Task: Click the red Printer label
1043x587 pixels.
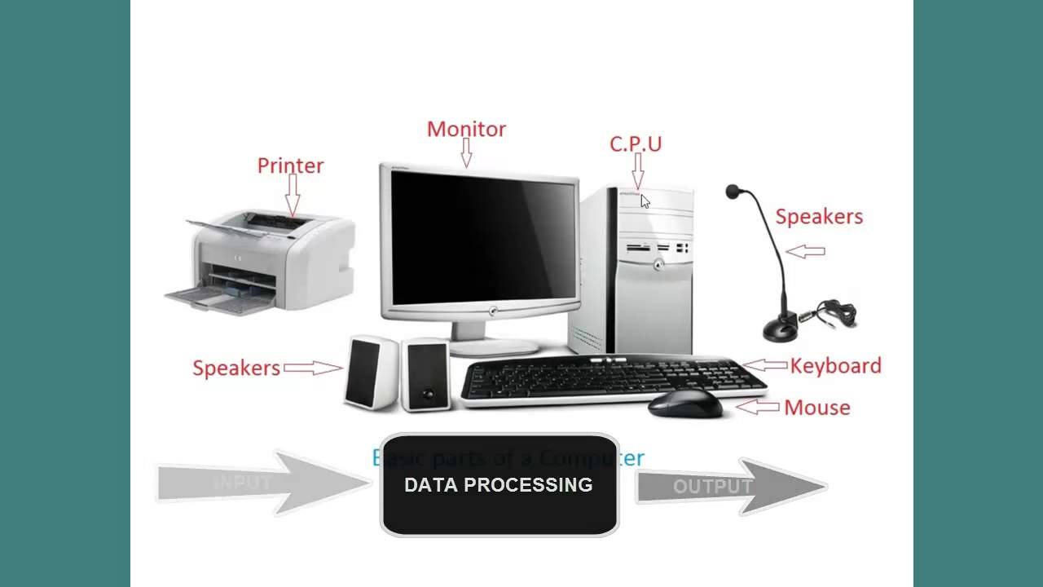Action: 290,166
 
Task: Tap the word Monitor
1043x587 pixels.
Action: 466,129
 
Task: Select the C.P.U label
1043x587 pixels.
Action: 636,143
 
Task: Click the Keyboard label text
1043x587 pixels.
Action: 835,365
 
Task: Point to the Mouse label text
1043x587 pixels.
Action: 816,407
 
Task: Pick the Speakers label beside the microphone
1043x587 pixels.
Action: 818,216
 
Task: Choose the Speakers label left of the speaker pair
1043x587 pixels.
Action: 236,368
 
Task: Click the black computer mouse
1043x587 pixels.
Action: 684,402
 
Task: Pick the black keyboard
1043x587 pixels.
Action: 611,379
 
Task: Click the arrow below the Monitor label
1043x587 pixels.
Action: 466,152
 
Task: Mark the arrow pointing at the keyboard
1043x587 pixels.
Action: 766,366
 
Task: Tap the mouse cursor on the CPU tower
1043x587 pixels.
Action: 645,201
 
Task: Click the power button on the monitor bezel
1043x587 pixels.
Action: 492,311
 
